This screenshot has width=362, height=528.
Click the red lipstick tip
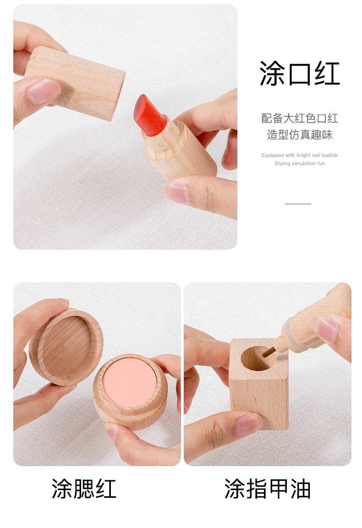149,115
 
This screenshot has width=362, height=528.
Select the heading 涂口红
300,73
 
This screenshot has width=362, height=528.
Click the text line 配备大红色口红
300,118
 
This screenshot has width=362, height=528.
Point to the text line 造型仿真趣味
300,135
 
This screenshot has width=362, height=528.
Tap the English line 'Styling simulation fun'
300,164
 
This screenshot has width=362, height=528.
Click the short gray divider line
298,203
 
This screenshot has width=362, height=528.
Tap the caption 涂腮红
84,489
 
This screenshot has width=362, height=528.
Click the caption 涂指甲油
268,489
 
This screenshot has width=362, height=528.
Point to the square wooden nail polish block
259,390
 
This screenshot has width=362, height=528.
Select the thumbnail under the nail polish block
250,424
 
